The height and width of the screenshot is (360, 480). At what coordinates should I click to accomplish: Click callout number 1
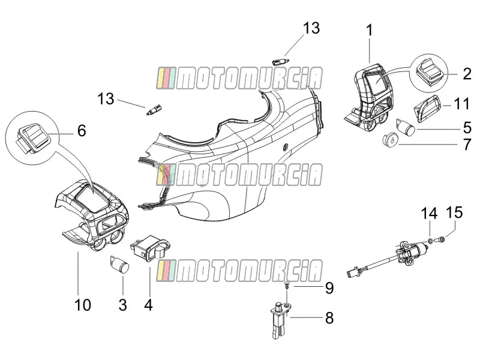(370, 31)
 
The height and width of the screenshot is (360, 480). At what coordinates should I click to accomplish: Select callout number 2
(467, 74)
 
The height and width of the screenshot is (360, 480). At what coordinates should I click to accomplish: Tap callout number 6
(82, 130)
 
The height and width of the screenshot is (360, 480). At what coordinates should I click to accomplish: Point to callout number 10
(83, 305)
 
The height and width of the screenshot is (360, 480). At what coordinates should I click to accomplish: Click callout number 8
(329, 318)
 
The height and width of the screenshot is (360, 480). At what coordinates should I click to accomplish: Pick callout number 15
(455, 212)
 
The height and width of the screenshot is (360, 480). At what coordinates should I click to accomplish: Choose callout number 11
(462, 104)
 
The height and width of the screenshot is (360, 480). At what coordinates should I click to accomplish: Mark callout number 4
(148, 305)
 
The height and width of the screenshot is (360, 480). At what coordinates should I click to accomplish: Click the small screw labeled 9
(287, 285)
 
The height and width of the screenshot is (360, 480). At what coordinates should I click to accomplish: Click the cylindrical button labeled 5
(406, 127)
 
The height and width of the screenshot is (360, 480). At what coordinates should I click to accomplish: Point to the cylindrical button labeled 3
(119, 263)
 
